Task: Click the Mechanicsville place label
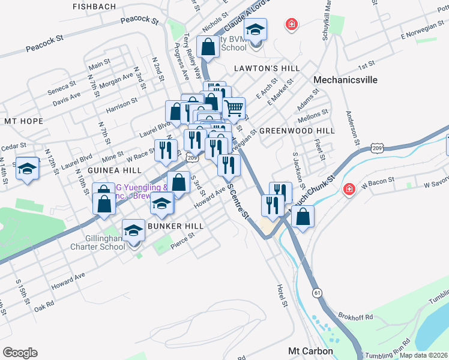tap(344, 79)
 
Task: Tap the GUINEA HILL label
tap(115, 170)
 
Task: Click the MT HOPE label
tap(23, 121)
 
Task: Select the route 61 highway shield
tap(316, 292)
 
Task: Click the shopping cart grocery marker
tap(234, 108)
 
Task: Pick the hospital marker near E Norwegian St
tap(292, 24)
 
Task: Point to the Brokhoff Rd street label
tap(357, 317)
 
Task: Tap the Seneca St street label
tap(62, 87)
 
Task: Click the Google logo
tap(20, 353)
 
